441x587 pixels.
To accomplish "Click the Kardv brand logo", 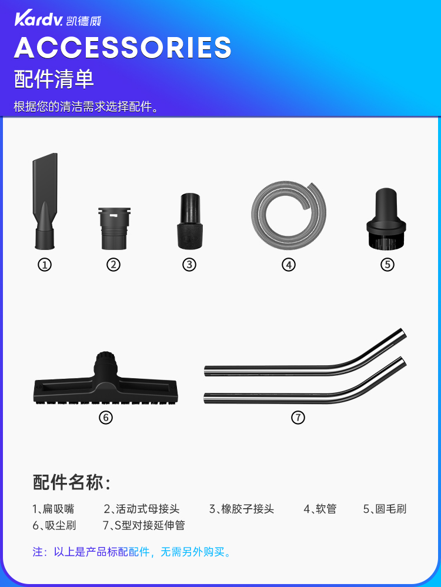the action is tap(58, 19).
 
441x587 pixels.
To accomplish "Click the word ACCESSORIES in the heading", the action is tap(123, 48).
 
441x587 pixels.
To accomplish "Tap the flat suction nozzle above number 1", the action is tap(45, 201).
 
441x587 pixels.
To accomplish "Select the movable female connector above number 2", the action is tap(114, 228).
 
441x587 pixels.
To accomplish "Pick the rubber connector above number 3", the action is tap(190, 221).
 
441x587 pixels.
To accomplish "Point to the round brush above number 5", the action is tap(386, 219).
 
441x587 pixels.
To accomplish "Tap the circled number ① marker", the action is tap(45, 265).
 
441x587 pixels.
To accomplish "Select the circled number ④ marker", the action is tap(289, 265).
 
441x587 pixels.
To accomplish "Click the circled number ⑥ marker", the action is tap(106, 418).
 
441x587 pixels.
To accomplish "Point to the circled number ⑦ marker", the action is tap(298, 418).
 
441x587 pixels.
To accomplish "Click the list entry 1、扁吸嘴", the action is tap(53, 509).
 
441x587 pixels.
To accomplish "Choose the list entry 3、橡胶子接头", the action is tap(242, 509).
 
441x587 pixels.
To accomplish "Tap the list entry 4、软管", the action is tap(320, 509).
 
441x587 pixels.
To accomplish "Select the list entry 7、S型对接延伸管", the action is tap(144, 525).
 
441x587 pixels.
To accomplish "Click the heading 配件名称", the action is tap(72, 482).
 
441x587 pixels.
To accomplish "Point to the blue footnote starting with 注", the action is tap(132, 552).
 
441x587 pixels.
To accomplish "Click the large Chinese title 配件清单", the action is tap(54, 79).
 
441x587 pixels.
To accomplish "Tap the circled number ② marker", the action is tap(113, 265).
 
